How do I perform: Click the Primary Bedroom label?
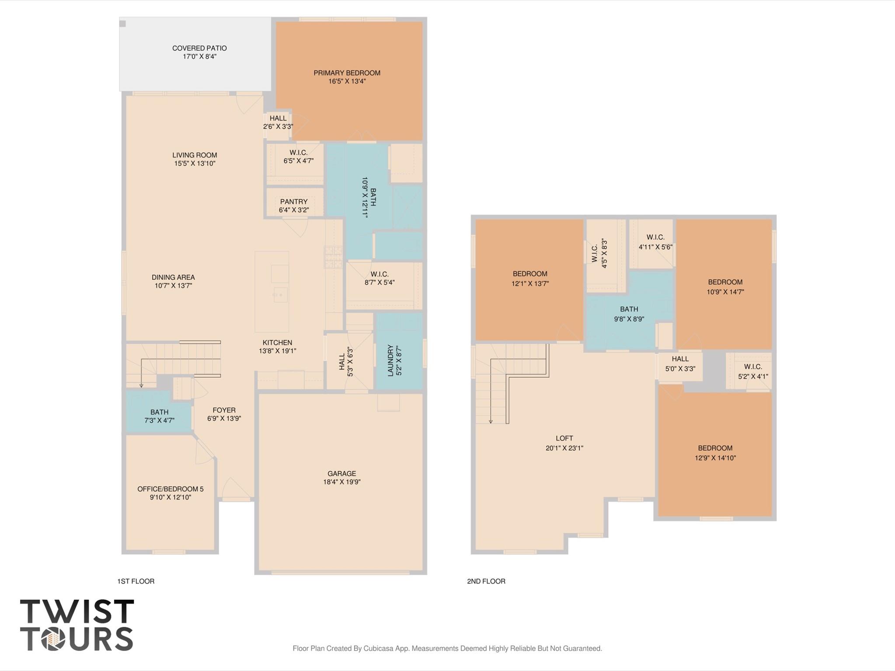(347, 73)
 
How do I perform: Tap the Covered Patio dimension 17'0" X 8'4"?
(199, 57)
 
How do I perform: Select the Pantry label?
(294, 202)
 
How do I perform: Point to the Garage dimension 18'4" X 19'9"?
(341, 482)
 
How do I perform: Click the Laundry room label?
(390, 360)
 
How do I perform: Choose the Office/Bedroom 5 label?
(170, 489)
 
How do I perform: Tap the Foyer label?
(224, 410)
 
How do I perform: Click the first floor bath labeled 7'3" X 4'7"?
(159, 416)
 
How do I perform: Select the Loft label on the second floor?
(564, 438)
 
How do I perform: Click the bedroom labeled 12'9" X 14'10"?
(715, 453)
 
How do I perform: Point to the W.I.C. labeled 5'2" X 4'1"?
(753, 372)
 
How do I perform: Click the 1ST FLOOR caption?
(136, 581)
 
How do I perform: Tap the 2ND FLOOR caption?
(486, 581)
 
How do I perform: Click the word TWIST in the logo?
(77, 612)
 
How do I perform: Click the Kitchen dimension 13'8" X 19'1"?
(277, 351)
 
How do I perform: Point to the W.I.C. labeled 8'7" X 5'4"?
(379, 278)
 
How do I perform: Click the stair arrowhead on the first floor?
(141, 386)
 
